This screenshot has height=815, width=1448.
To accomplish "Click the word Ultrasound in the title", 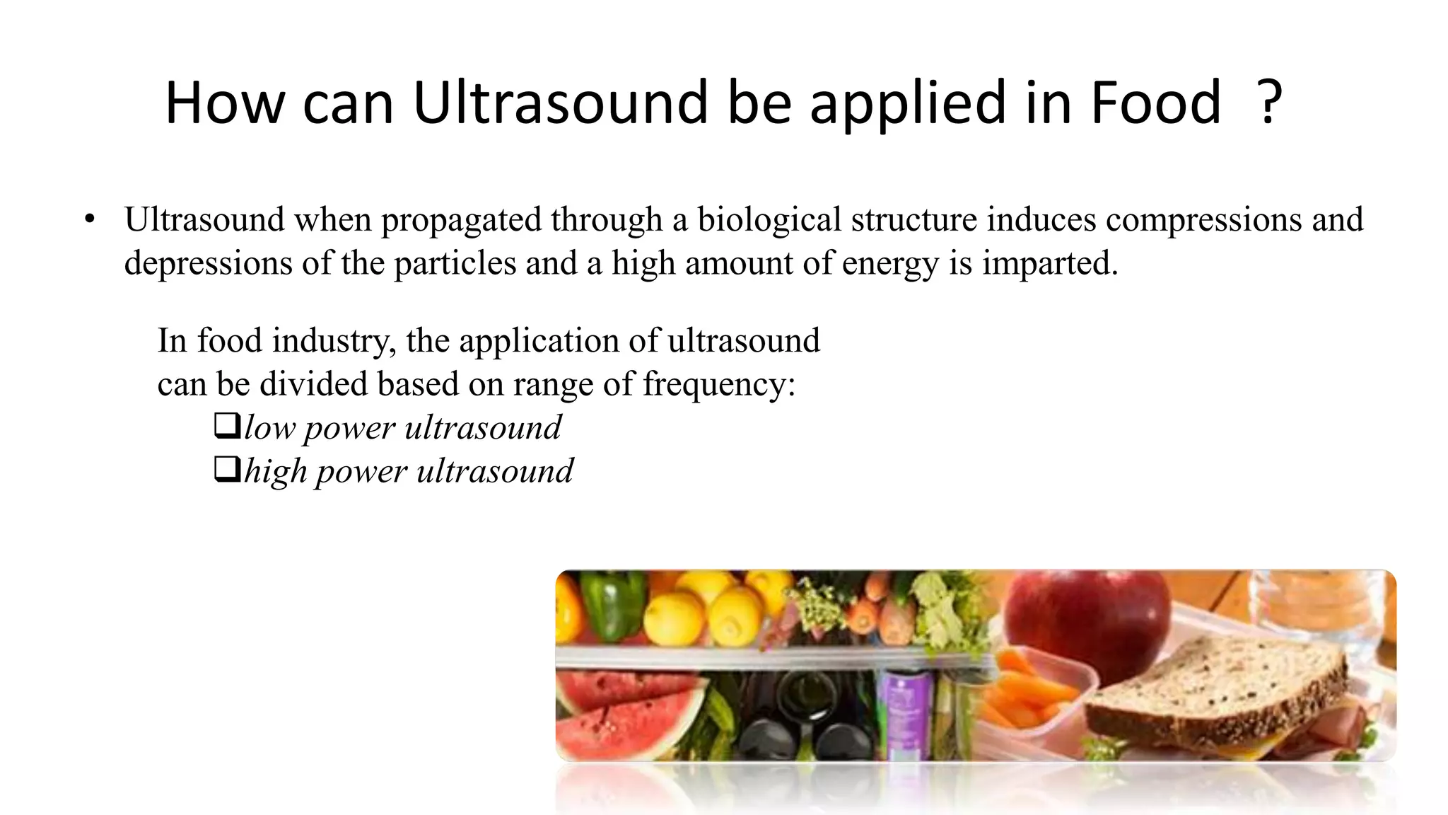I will tap(560, 103).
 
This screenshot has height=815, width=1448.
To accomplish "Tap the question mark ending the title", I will tap(1270, 103).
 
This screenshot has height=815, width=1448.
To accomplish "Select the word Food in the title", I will tap(1155, 103).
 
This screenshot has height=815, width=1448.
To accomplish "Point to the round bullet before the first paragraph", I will tap(89, 220).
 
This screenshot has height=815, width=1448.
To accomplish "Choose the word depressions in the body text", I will tap(208, 264).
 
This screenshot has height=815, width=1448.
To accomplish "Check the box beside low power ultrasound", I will tap(227, 427).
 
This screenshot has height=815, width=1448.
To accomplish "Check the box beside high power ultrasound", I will tap(227, 470).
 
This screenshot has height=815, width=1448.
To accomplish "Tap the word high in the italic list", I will tap(275, 472).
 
